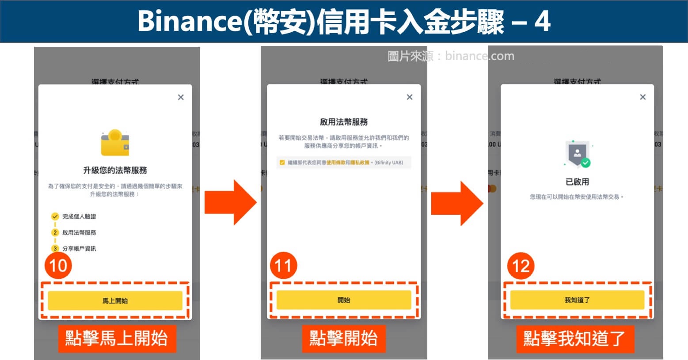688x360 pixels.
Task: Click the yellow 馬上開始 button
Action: [x=115, y=300]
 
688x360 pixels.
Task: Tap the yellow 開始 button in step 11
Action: [x=344, y=300]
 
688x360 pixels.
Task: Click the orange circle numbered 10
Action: [x=58, y=265]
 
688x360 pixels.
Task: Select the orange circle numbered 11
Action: [x=284, y=265]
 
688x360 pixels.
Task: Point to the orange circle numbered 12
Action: [x=521, y=266]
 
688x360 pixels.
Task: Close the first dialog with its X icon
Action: [x=181, y=97]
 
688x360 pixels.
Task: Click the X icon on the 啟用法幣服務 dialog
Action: [x=410, y=97]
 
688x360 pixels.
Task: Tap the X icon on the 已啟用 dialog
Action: [x=643, y=97]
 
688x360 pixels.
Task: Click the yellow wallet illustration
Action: [x=115, y=143]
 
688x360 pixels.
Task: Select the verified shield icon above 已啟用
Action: [x=578, y=154]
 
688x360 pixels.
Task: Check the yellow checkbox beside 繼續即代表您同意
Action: [x=282, y=163]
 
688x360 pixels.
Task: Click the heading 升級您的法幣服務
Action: [x=115, y=170]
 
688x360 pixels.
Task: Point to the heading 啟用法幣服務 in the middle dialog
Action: [x=344, y=122]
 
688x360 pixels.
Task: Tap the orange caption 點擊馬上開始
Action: [x=117, y=339]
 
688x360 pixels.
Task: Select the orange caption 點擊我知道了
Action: [x=574, y=339]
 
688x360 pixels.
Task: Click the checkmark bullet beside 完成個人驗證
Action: [x=55, y=216]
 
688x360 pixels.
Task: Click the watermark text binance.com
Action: [x=479, y=56]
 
